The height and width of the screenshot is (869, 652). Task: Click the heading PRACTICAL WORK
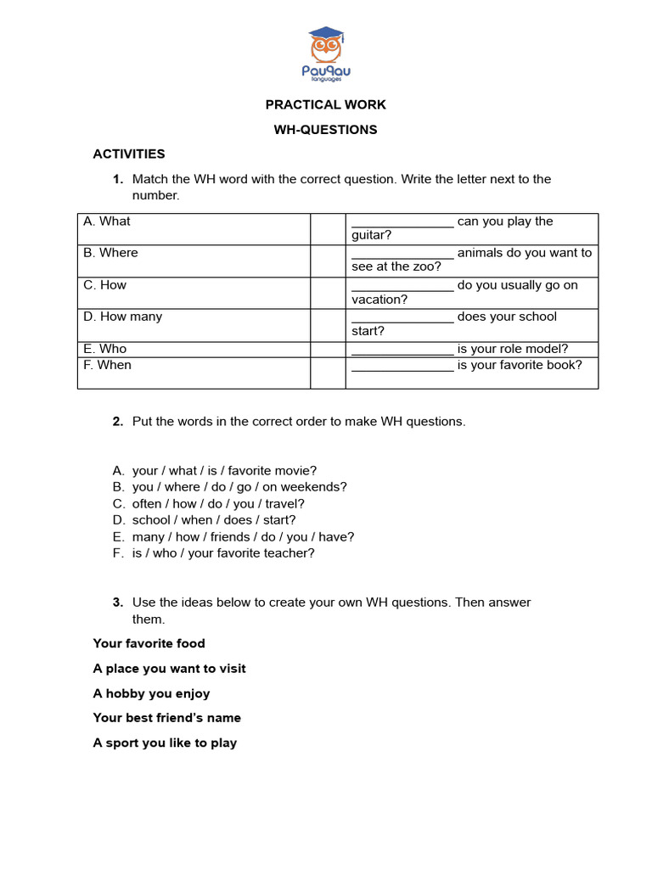pos(325,104)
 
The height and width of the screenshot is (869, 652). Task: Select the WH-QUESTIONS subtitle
pos(325,130)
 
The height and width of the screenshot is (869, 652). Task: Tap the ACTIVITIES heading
pos(129,154)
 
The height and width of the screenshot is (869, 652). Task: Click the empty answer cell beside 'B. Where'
pos(327,261)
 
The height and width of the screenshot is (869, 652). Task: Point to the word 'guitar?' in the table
pos(372,235)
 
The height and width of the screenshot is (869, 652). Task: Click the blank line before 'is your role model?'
pos(402,350)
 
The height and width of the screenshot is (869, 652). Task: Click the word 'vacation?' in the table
pos(379,299)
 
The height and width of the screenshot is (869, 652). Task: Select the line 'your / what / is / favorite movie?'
pos(224,470)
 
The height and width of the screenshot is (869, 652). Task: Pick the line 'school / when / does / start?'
pos(214,520)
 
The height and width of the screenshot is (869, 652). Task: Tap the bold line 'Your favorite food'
pos(149,643)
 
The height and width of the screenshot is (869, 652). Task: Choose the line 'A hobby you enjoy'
pos(151,693)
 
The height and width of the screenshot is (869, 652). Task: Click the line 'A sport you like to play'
pos(165,743)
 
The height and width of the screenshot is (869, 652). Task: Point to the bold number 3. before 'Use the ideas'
pos(118,603)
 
